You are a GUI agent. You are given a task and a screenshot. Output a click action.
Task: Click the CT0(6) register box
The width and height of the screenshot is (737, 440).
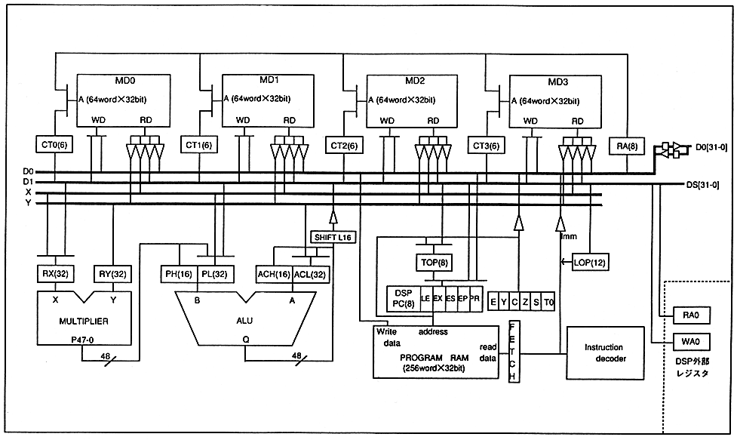click(52, 144)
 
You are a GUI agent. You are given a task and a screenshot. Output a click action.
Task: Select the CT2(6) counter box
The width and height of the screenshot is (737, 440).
click(343, 144)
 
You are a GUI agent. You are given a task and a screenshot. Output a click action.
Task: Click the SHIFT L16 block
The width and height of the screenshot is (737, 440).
click(333, 237)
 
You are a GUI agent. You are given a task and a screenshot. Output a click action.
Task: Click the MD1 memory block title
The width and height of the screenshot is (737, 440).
click(270, 80)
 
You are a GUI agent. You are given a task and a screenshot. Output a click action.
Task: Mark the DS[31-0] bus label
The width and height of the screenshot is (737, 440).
click(701, 183)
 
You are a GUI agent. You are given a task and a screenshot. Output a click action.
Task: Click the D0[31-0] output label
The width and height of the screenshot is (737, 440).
click(711, 148)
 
